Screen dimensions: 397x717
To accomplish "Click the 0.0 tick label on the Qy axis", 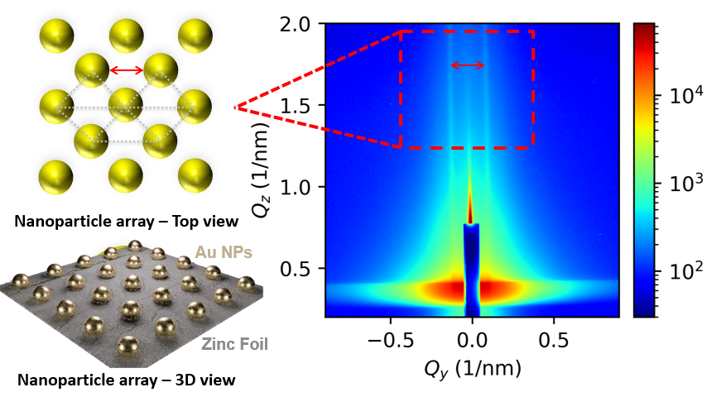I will [x=473, y=338].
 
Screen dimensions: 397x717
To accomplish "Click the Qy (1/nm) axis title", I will [x=472, y=367].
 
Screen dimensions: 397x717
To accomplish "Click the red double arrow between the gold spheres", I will [x=127, y=71].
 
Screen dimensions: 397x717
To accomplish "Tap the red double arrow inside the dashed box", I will [x=468, y=65].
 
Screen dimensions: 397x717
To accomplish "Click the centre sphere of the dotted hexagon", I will [x=127, y=106].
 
